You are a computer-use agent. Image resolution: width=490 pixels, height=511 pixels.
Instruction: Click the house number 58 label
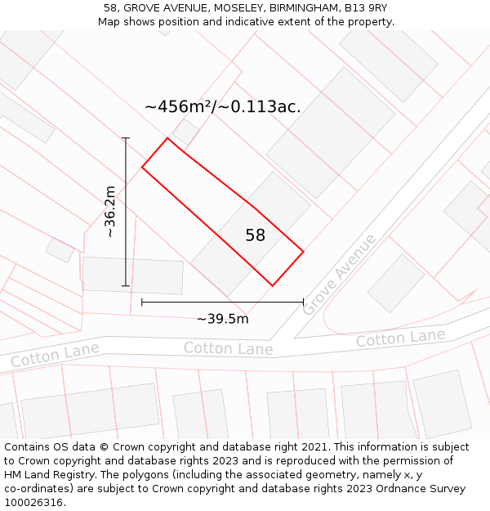[255, 235]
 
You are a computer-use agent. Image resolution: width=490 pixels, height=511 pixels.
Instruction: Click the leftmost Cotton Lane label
[55, 356]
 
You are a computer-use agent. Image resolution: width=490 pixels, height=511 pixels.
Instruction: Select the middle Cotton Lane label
[228, 349]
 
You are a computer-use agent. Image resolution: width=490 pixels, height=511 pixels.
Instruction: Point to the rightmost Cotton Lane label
[400, 338]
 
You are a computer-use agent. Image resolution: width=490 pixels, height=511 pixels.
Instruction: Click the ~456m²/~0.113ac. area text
[222, 107]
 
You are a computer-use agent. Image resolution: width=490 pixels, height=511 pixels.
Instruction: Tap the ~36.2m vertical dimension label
[110, 211]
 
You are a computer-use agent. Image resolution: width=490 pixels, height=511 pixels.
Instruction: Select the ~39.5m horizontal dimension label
[222, 319]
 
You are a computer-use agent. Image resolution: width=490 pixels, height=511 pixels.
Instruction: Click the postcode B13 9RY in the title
[364, 8]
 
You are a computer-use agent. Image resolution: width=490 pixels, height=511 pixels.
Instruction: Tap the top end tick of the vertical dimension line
[126, 138]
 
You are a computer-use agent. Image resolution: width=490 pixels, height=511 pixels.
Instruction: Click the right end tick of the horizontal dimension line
[303, 302]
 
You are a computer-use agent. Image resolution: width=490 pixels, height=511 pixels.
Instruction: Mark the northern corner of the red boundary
[167, 138]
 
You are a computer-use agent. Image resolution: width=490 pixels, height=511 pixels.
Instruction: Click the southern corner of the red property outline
[272, 285]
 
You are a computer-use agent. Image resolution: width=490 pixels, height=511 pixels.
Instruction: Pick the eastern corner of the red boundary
[303, 251]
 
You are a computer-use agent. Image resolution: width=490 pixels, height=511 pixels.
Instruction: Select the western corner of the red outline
[142, 168]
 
